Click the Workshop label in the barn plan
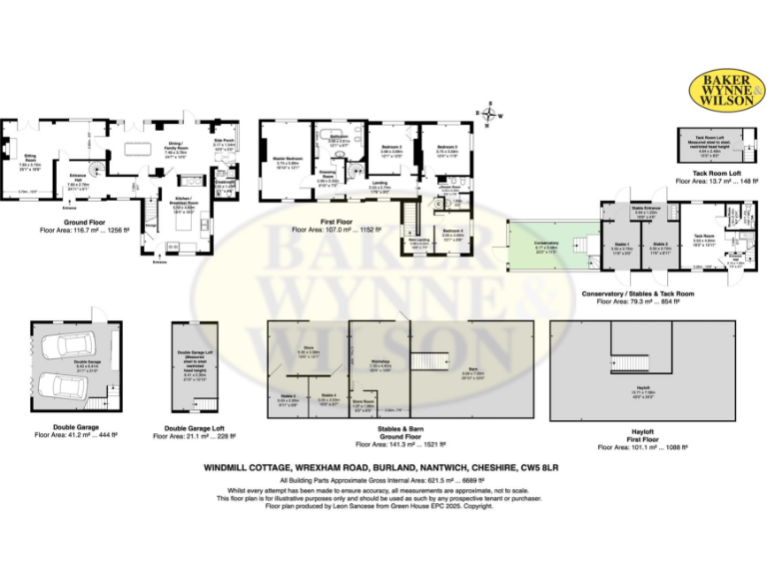coord(380,361)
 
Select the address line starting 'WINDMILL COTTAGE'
coord(382,466)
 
